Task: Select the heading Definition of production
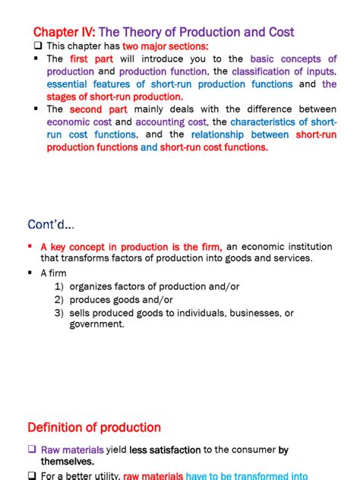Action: (94, 427)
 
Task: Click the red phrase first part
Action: (90, 58)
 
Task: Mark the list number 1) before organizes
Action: (58, 287)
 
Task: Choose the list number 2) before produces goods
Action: (58, 300)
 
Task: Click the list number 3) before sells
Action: (58, 313)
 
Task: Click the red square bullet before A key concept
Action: (30, 246)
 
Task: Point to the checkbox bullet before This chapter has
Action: (39, 46)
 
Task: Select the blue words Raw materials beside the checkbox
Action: (70, 450)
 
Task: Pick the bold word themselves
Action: (68, 461)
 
